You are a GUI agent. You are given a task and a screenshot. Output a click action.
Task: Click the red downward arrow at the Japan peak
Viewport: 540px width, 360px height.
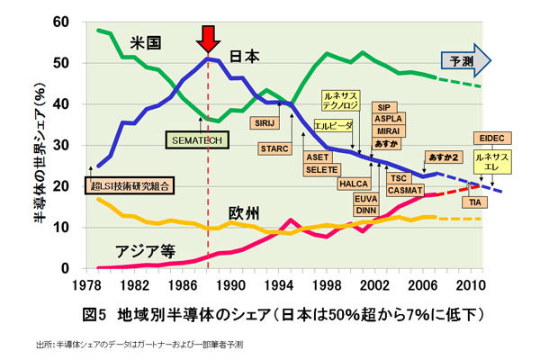pyautogui.click(x=209, y=39)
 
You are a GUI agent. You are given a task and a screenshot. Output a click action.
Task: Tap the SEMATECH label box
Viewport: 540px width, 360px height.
pyautogui.click(x=198, y=140)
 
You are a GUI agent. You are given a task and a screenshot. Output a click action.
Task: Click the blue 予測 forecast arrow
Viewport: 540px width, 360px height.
pyautogui.click(x=464, y=60)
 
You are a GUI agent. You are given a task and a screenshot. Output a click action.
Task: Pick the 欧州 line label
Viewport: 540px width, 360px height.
pyautogui.click(x=244, y=213)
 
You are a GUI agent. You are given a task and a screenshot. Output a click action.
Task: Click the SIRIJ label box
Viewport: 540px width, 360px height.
pyautogui.click(x=265, y=121)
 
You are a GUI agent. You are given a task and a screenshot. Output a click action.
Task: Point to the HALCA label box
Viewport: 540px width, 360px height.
pyautogui.click(x=352, y=184)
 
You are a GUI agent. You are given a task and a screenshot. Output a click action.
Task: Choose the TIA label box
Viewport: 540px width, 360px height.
pyautogui.click(x=473, y=202)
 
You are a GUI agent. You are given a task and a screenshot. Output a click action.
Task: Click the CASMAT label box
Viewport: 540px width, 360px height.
pyautogui.click(x=404, y=190)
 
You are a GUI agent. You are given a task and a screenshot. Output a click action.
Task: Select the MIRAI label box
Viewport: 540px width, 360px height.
pyautogui.click(x=387, y=130)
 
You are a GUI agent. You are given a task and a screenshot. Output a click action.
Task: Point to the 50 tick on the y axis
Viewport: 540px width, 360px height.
pyautogui.click(x=61, y=63)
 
